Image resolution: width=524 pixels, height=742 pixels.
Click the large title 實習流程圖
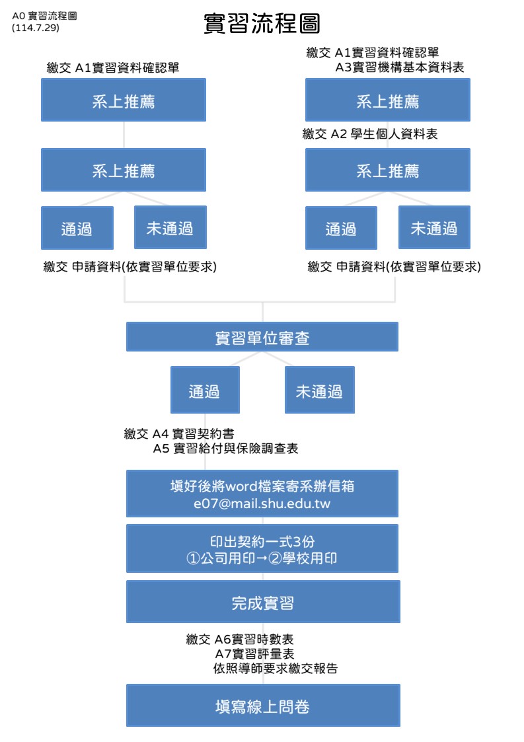coord(262,23)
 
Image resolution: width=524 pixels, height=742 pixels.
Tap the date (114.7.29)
coord(36,28)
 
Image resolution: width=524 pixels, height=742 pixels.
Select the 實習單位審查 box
coord(262,337)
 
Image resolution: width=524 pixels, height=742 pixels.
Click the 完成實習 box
coord(263,602)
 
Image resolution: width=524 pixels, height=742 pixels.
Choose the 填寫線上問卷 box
coord(263,706)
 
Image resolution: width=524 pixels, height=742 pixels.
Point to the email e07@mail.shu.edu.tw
coord(262,503)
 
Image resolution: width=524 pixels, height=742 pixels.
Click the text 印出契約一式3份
coord(262,541)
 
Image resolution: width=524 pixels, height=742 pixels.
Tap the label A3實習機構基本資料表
coord(400,67)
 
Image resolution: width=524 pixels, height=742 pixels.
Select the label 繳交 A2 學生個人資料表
coord(370,134)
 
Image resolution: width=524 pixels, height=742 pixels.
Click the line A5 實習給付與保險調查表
coord(225,449)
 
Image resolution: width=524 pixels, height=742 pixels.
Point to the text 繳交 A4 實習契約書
coord(179,433)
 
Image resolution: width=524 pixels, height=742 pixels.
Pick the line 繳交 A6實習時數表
coord(240,640)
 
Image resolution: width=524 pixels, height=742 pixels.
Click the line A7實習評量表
coord(254,654)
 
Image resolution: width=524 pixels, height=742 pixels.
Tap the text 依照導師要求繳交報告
coord(276,669)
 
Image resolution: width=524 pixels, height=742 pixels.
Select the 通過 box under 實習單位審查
coord(205,390)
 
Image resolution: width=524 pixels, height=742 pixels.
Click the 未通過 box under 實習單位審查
coord(320,390)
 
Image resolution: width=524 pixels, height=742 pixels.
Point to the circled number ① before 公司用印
coord(193,559)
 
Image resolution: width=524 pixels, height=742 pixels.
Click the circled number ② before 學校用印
coord(275,559)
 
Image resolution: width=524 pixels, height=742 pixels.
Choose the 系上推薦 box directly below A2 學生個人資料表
coord(388,170)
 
